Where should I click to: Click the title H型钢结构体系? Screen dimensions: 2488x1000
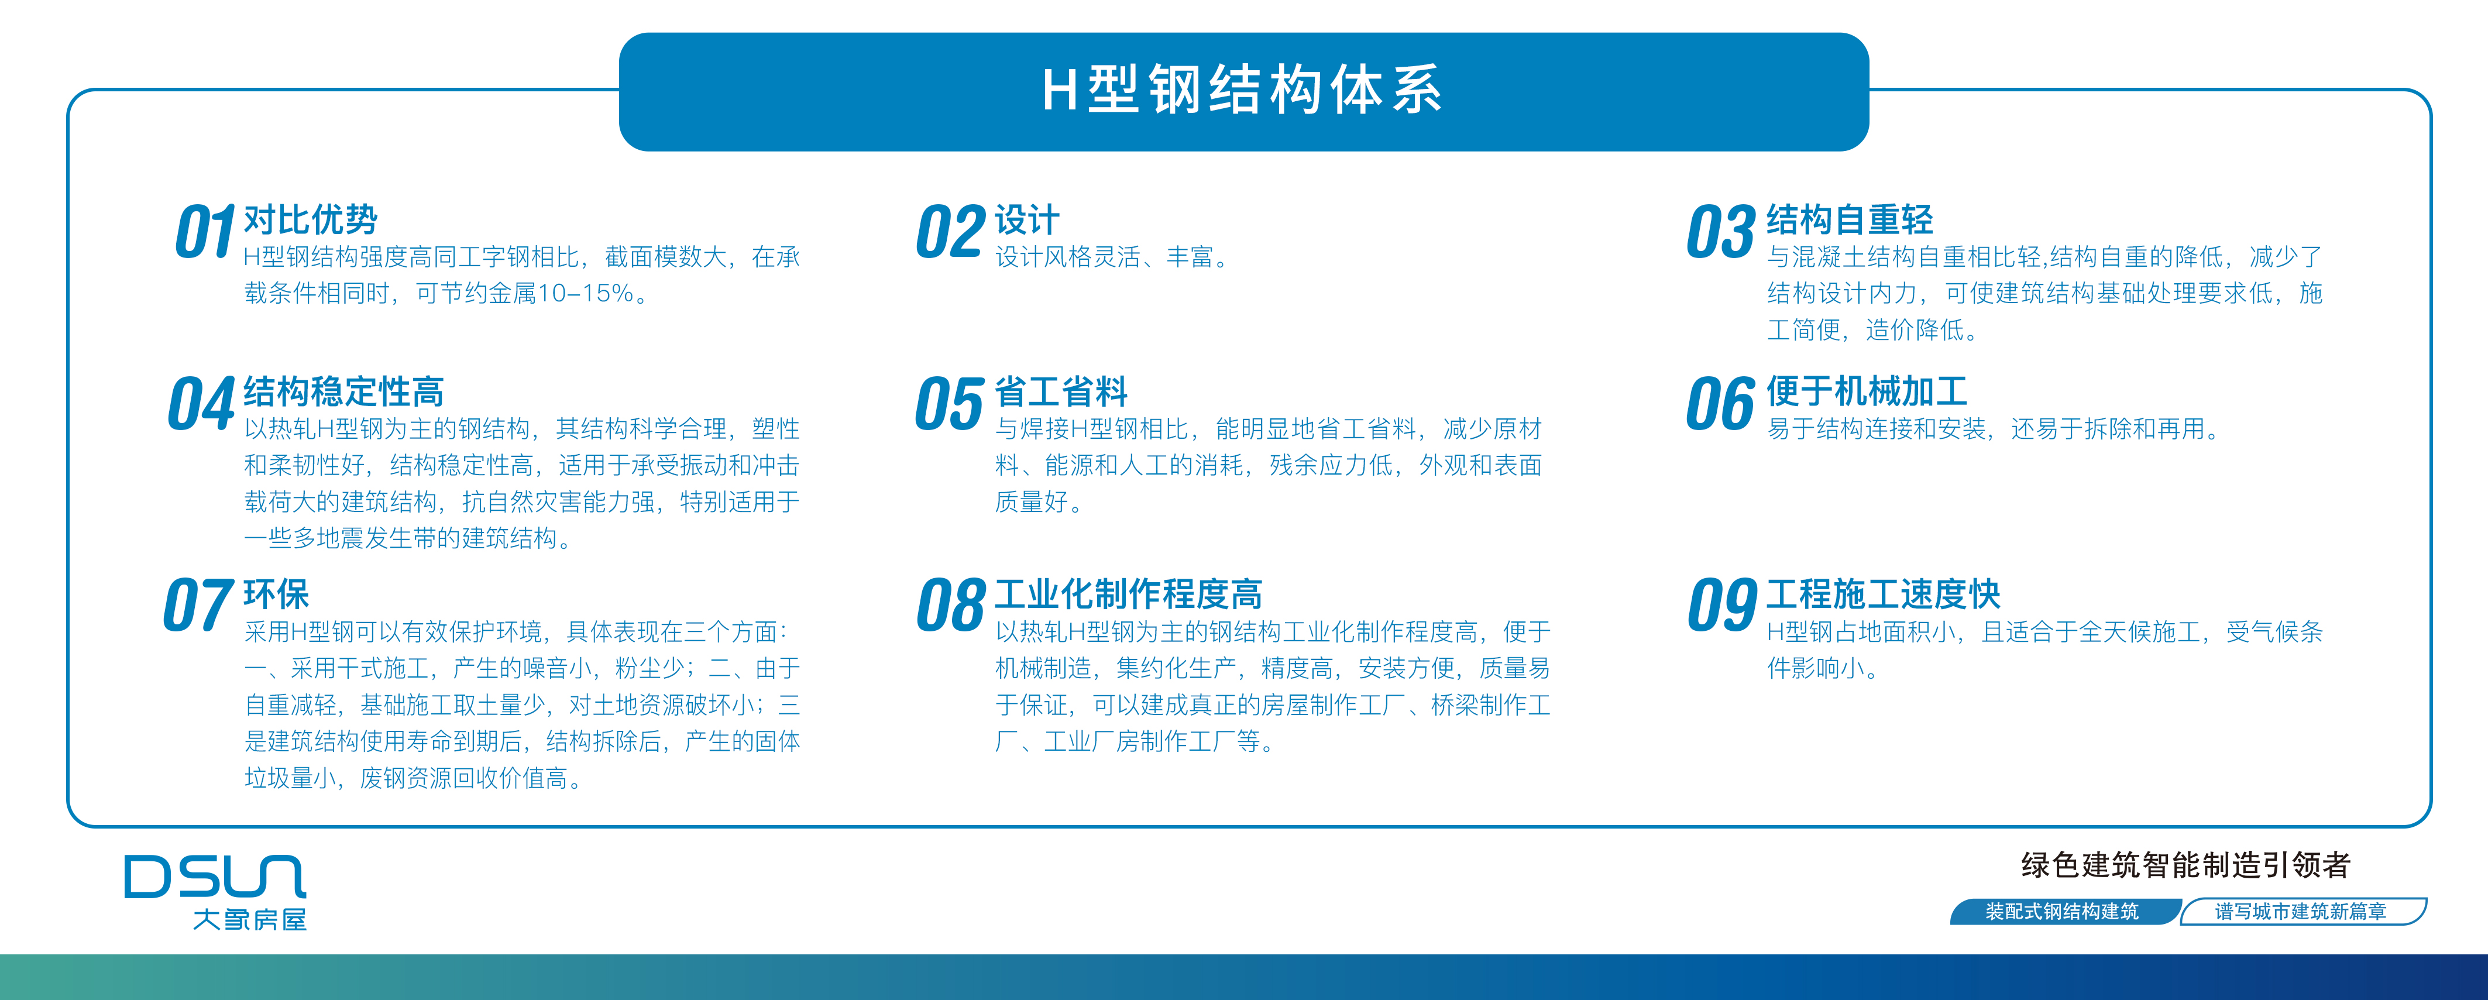(1242, 90)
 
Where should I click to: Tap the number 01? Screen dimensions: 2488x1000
(205, 232)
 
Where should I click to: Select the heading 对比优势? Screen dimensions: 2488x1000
(310, 219)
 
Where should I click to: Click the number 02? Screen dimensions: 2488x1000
(950, 232)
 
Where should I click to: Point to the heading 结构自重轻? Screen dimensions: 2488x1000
(1850, 219)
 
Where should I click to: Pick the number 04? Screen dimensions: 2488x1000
(201, 403)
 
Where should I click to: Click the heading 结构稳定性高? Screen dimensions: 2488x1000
(344, 391)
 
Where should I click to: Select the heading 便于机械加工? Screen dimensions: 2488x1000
(1867, 391)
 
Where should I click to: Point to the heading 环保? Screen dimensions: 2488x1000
(276, 594)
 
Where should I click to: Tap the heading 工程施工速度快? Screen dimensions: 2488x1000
(1884, 594)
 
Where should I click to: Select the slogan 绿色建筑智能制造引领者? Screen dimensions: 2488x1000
(2185, 865)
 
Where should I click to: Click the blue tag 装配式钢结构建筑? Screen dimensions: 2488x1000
(2063, 911)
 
